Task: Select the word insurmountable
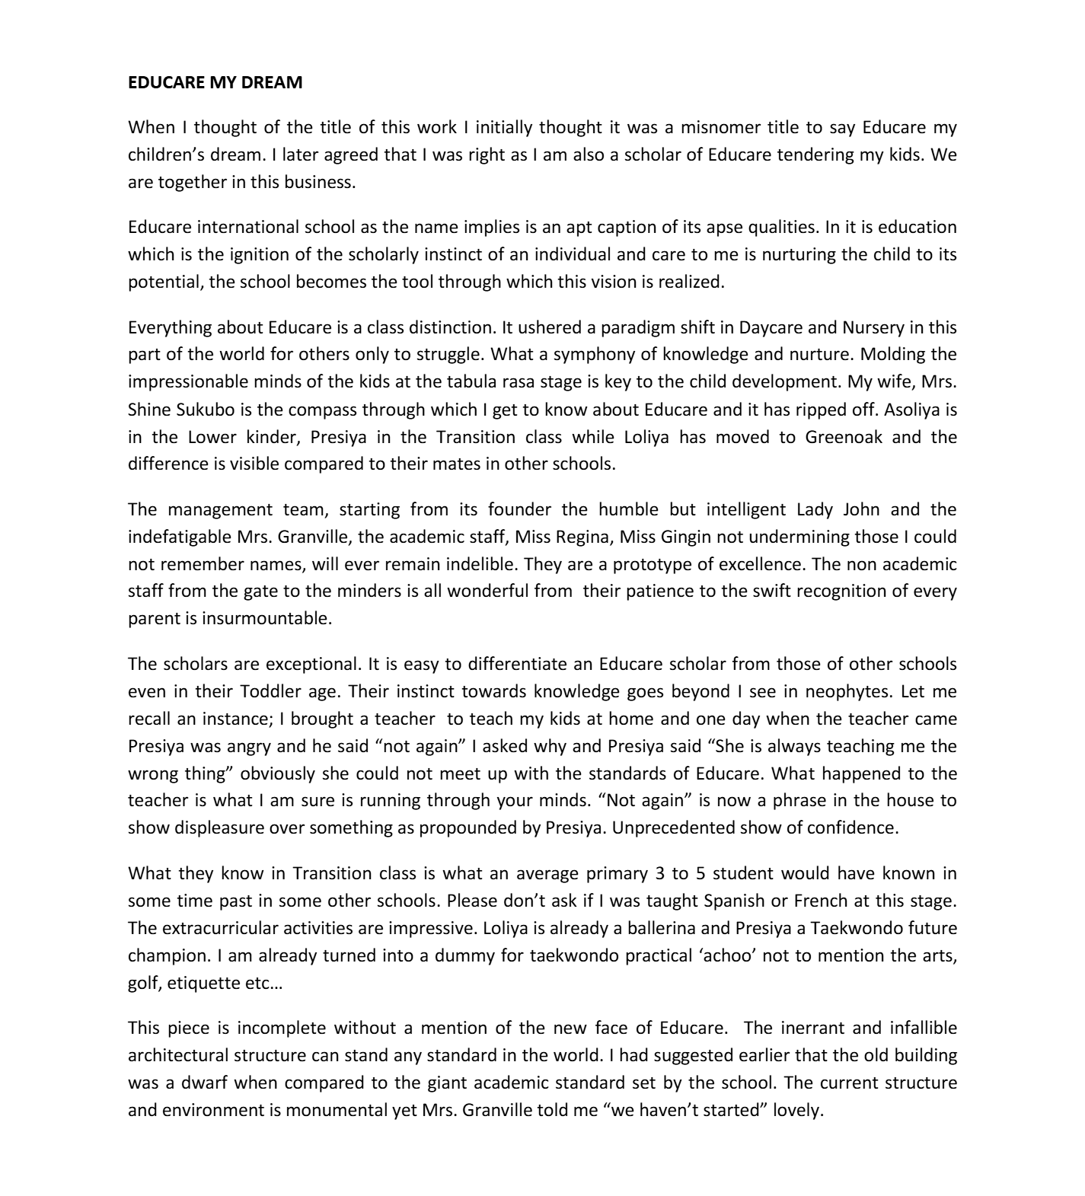coord(266,618)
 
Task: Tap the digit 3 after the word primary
coord(659,873)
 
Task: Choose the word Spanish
coord(734,901)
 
